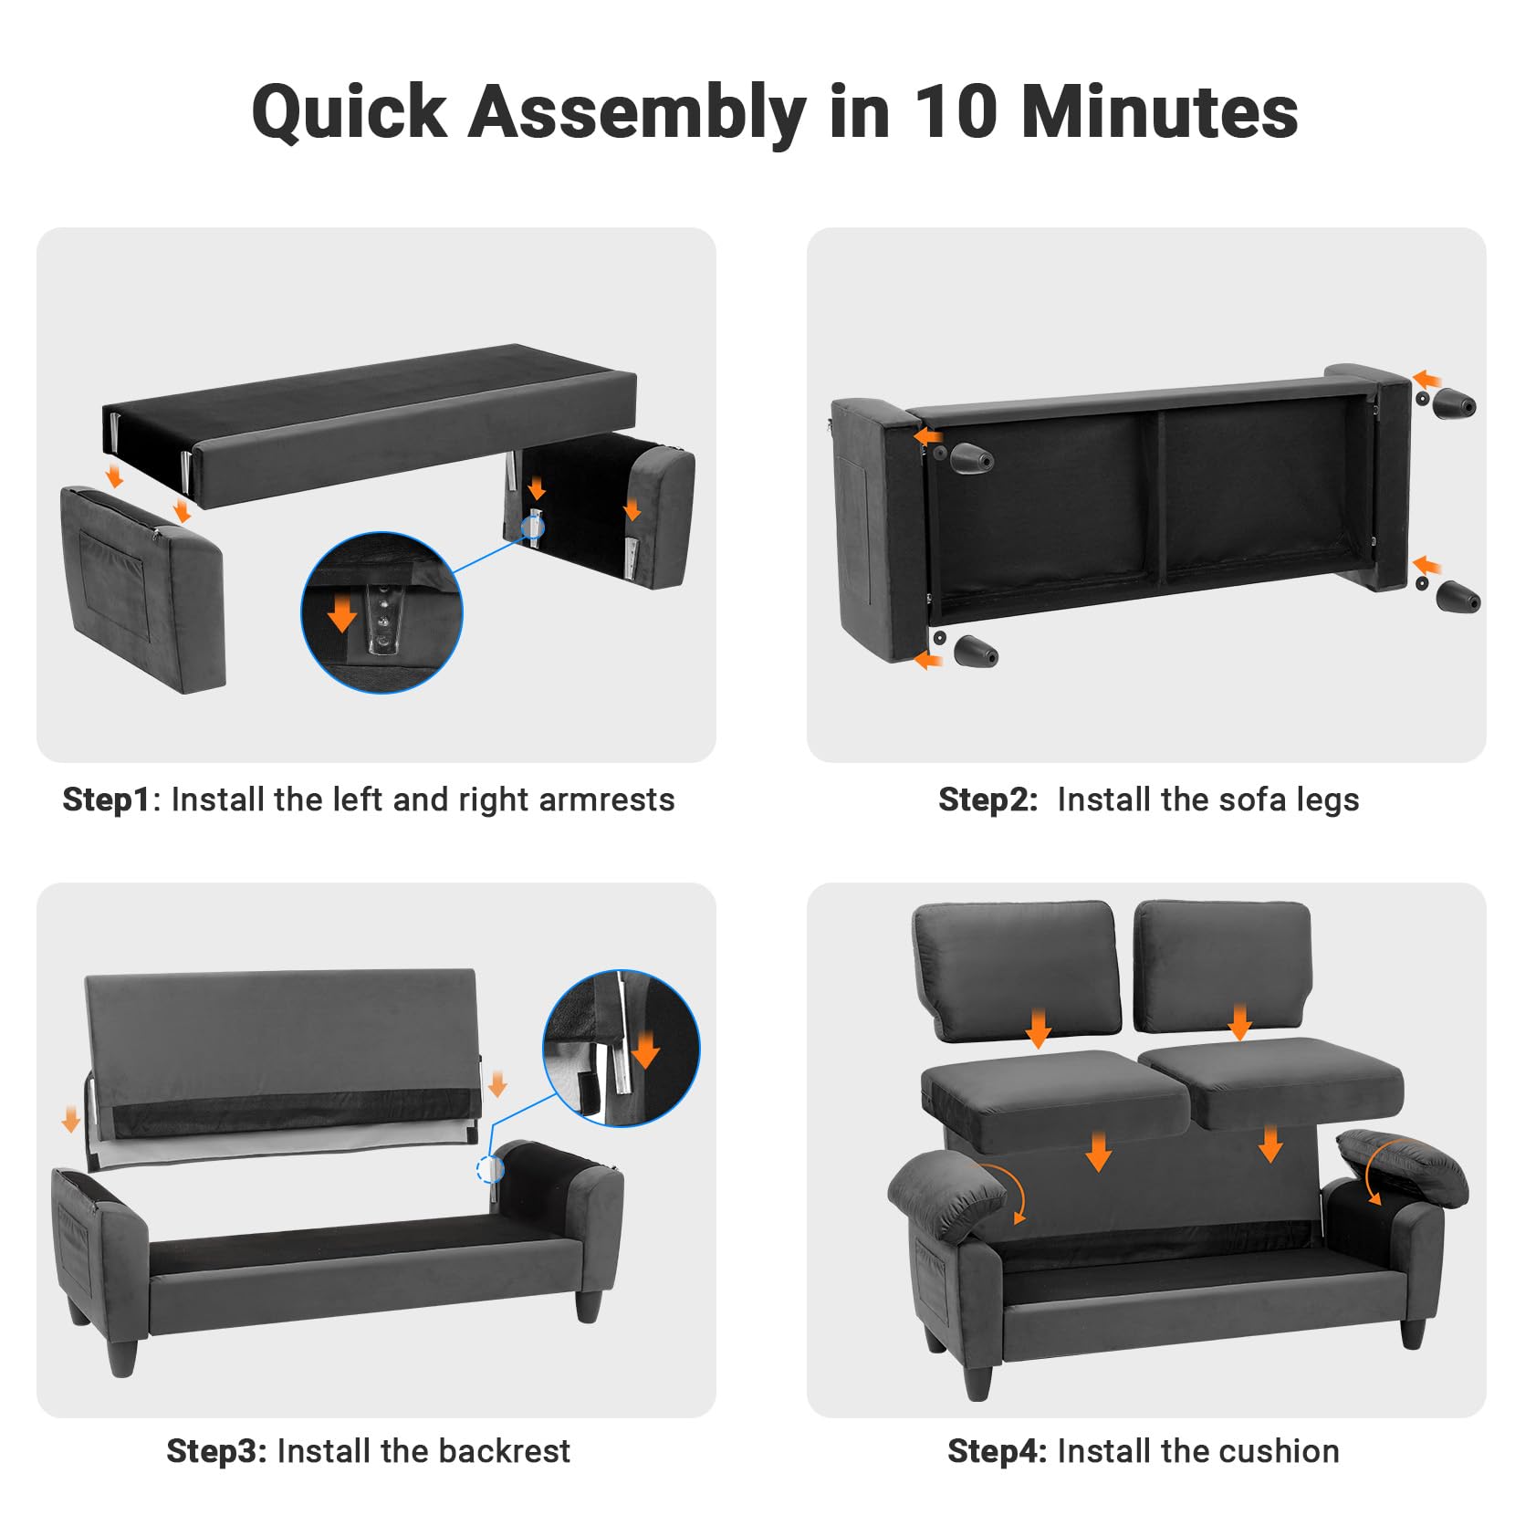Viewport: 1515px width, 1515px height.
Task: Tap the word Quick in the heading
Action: (350, 113)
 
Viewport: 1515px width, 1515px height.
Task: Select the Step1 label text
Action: (106, 799)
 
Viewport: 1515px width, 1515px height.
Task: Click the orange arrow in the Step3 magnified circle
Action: (645, 1050)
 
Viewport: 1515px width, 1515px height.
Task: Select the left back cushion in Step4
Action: (1016, 969)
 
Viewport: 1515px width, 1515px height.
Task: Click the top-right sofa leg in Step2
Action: (1453, 403)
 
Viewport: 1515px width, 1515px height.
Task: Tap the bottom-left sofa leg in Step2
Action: (975, 652)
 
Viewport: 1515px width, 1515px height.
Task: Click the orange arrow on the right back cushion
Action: (1239, 1021)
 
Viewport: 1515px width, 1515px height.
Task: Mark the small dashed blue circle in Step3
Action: (490, 1170)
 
